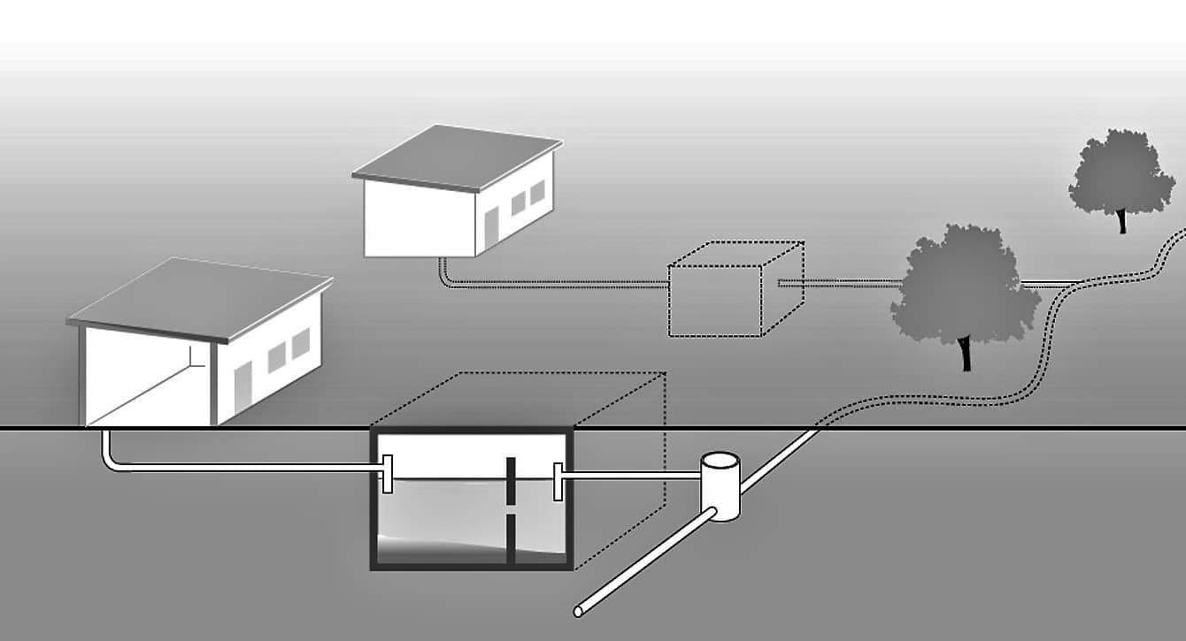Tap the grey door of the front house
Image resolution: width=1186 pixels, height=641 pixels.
[x=243, y=388]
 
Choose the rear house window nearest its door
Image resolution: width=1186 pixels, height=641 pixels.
[x=519, y=205]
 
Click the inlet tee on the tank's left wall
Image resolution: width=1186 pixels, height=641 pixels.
[x=387, y=475]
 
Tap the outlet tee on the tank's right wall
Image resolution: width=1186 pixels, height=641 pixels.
[x=558, y=480]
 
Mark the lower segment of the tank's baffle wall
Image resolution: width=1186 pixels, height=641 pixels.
[x=511, y=539]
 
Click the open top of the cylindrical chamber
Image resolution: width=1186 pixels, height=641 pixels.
[x=720, y=462]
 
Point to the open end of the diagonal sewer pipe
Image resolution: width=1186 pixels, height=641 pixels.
[x=578, y=611]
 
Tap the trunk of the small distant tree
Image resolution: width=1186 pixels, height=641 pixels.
[x=1122, y=220]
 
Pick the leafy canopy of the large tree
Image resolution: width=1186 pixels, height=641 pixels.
[x=965, y=283]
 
